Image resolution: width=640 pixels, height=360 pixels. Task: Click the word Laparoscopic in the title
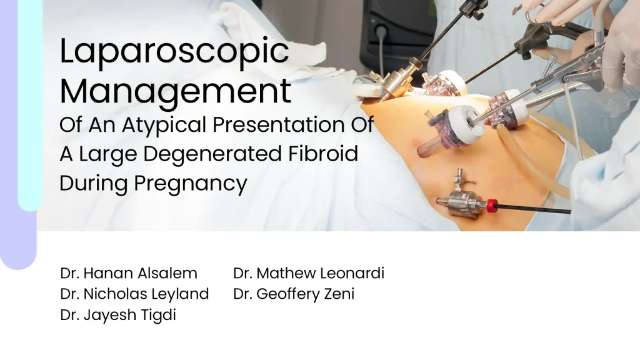pyautogui.click(x=174, y=52)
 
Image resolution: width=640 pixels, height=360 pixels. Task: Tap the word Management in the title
pyautogui.click(x=176, y=92)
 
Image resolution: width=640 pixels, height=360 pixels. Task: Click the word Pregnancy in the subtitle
pyautogui.click(x=190, y=184)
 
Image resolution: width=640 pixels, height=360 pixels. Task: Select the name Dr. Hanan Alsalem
pyautogui.click(x=129, y=273)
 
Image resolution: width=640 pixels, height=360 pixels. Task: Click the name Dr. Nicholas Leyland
pyautogui.click(x=134, y=294)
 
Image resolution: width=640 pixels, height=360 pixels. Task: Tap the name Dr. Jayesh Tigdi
pyautogui.click(x=118, y=315)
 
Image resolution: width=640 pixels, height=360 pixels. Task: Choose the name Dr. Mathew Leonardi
pyautogui.click(x=309, y=273)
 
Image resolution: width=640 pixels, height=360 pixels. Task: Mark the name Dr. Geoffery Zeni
pyautogui.click(x=294, y=294)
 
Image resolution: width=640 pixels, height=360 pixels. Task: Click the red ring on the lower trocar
pyautogui.click(x=492, y=205)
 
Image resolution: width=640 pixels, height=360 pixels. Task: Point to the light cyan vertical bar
pyautogui.click(x=30, y=105)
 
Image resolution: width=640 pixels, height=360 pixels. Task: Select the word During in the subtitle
pyautogui.click(x=94, y=184)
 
